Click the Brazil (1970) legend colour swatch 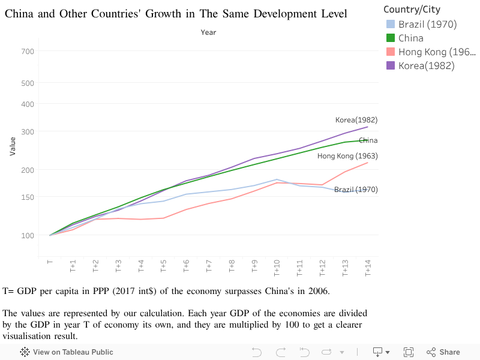point(391,25)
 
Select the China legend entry point(410,38)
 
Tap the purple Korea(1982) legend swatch point(391,66)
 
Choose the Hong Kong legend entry point(431,52)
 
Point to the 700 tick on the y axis point(28,52)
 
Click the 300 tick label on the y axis point(28,132)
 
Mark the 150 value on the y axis point(28,197)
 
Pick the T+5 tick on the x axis point(163,266)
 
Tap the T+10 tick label point(277,268)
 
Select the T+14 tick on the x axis point(367,268)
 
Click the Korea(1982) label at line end point(356,120)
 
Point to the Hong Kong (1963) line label point(347,156)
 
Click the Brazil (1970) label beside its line point(356,190)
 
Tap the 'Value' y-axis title point(13,146)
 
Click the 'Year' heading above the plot point(208,32)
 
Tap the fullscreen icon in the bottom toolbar point(409,352)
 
